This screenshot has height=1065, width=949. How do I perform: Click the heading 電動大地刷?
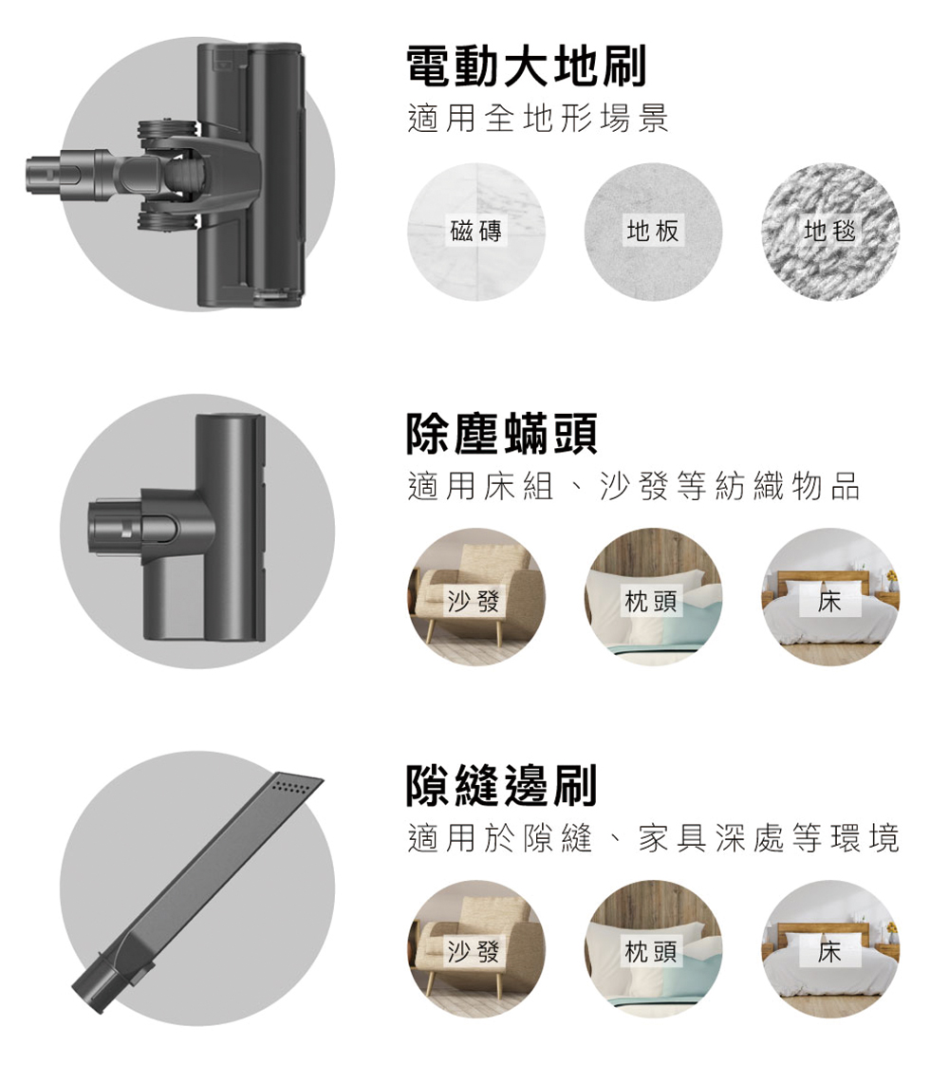[526, 65]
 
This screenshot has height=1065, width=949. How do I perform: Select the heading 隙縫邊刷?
[502, 784]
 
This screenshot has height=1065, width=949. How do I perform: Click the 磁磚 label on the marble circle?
[475, 231]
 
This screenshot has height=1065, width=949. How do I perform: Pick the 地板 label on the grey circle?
[652, 231]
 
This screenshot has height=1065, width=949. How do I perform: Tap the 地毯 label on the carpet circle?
[829, 231]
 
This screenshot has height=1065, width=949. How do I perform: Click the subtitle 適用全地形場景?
[538, 119]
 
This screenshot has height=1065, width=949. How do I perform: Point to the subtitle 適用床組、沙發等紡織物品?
[634, 486]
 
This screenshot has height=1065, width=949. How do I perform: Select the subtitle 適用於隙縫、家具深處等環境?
[654, 837]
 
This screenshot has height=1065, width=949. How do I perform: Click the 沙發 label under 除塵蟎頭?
[474, 601]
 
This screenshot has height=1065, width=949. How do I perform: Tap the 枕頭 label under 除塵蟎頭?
[651, 601]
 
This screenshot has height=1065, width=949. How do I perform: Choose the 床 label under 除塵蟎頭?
[829, 601]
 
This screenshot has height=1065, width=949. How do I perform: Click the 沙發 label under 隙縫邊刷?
[474, 952]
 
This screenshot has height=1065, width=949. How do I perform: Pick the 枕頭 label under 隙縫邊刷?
[651, 952]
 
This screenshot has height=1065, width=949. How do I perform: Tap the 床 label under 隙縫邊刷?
[829, 952]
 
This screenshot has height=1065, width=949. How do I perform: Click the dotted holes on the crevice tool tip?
[291, 787]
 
